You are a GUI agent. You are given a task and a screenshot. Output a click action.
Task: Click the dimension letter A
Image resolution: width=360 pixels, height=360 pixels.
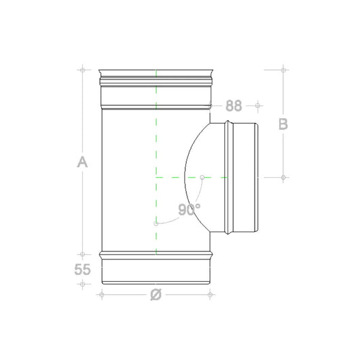(x=82, y=162)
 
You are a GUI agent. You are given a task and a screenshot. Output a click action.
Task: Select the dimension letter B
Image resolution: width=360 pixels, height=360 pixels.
(x=283, y=124)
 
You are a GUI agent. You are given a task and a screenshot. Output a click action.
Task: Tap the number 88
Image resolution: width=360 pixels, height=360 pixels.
(x=234, y=106)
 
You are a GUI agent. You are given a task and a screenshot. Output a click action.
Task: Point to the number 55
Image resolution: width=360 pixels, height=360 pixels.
(x=82, y=269)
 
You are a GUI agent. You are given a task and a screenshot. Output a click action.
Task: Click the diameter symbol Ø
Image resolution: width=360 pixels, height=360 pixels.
(x=156, y=294)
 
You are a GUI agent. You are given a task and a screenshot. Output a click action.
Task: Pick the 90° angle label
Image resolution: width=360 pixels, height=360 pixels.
(x=188, y=210)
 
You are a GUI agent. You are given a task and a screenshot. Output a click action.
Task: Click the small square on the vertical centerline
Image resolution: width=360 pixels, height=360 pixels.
(x=156, y=223)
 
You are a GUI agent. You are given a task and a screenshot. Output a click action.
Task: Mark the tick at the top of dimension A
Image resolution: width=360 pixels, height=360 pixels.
(x=82, y=69)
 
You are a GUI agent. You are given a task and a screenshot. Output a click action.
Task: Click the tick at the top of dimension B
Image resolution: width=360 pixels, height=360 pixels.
(x=283, y=69)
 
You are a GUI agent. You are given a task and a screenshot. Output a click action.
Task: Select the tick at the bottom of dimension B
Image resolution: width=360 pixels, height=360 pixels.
(x=283, y=177)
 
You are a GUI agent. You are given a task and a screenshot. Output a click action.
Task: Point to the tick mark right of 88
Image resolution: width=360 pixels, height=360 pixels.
(x=257, y=106)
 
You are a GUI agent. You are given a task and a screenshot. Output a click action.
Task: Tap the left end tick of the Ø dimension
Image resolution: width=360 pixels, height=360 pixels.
(x=101, y=294)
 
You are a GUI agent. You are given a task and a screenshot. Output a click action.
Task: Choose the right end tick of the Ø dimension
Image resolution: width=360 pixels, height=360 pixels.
(x=211, y=294)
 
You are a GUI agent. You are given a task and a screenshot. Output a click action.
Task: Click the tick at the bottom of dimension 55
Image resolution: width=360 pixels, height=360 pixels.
(x=82, y=283)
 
